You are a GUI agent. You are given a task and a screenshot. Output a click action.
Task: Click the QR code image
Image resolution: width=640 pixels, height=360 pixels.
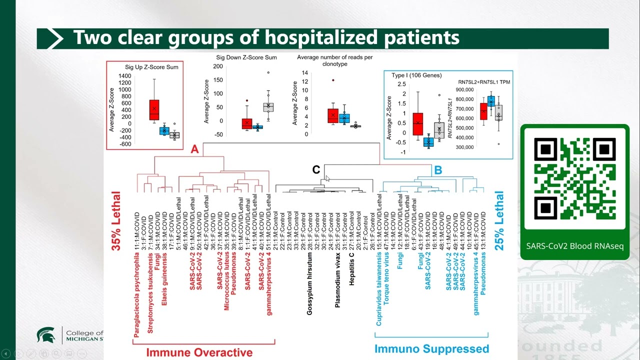(x=574, y=178)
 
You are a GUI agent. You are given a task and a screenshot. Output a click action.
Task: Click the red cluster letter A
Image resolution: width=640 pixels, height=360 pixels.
(x=195, y=149)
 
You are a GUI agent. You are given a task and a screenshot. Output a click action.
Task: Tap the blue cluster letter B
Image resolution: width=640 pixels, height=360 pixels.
(x=438, y=170)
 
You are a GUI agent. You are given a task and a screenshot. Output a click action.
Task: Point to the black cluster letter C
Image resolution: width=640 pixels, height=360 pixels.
(x=316, y=170)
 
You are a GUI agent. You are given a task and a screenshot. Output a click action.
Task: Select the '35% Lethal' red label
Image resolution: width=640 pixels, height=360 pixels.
(x=116, y=221)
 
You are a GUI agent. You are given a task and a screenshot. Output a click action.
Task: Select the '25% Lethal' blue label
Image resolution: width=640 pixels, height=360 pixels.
(x=499, y=221)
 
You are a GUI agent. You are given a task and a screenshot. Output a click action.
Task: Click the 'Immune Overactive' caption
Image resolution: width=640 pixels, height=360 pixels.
(x=199, y=352)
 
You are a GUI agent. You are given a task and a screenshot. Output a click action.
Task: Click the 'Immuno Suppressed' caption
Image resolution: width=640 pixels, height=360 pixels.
(x=431, y=348)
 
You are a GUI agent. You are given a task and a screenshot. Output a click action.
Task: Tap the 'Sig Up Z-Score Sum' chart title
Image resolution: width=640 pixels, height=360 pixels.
(x=151, y=67)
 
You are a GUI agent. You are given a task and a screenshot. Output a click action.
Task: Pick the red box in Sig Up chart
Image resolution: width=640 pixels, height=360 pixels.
(x=154, y=109)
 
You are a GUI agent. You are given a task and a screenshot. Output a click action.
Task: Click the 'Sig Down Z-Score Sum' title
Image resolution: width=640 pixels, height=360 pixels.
(x=246, y=57)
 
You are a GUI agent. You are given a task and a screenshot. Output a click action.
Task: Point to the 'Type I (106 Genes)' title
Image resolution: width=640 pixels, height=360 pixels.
(x=416, y=75)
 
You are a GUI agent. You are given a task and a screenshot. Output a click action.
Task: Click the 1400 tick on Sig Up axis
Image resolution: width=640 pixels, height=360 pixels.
(x=125, y=76)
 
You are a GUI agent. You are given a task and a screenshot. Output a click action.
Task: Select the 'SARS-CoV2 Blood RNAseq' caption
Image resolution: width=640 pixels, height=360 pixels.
(x=574, y=246)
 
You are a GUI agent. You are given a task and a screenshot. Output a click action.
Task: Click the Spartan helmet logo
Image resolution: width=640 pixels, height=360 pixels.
(x=45, y=335)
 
